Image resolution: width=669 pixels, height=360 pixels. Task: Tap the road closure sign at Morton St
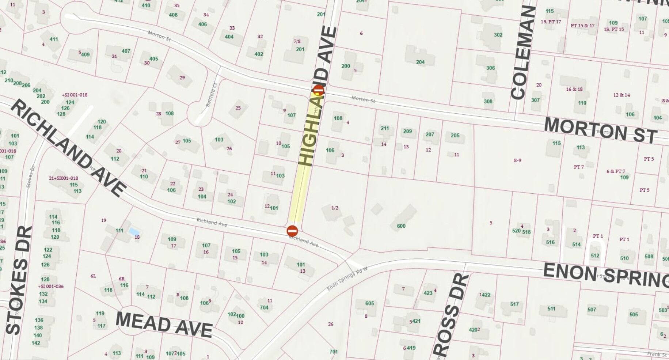pyautogui.click(x=319, y=90)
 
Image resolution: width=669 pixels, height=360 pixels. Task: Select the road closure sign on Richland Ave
pyautogui.click(x=292, y=231)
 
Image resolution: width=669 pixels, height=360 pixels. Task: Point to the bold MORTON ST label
pyautogui.click(x=600, y=130)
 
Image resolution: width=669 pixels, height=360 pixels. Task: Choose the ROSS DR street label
pyautogui.click(x=451, y=315)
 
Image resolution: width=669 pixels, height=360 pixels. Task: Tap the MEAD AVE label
pyautogui.click(x=164, y=324)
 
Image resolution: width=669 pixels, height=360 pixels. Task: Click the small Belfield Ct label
pyautogui.click(x=212, y=95)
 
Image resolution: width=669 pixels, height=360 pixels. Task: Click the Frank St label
pyautogui.click(x=657, y=354)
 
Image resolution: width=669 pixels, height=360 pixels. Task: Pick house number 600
pyautogui.click(x=401, y=226)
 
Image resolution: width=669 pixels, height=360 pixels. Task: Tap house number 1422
pyautogui.click(x=484, y=295)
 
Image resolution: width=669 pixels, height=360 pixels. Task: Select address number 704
pyautogui.click(x=264, y=307)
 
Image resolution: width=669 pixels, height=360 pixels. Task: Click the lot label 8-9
pyautogui.click(x=517, y=160)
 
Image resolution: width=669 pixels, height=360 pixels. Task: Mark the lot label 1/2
pyautogui.click(x=335, y=208)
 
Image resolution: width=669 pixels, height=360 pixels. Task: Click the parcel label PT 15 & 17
pyautogui.click(x=582, y=26)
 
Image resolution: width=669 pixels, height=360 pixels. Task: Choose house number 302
pyautogui.click(x=498, y=35)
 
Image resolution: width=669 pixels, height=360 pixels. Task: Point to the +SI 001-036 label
pyautogui.click(x=51, y=286)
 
